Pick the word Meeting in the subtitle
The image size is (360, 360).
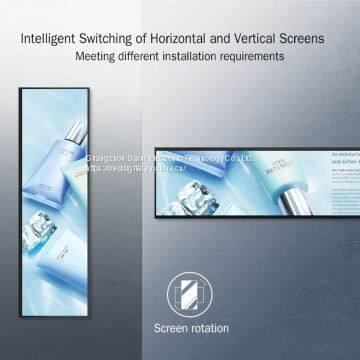click(97, 57)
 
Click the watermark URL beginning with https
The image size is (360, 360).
click(150, 169)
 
